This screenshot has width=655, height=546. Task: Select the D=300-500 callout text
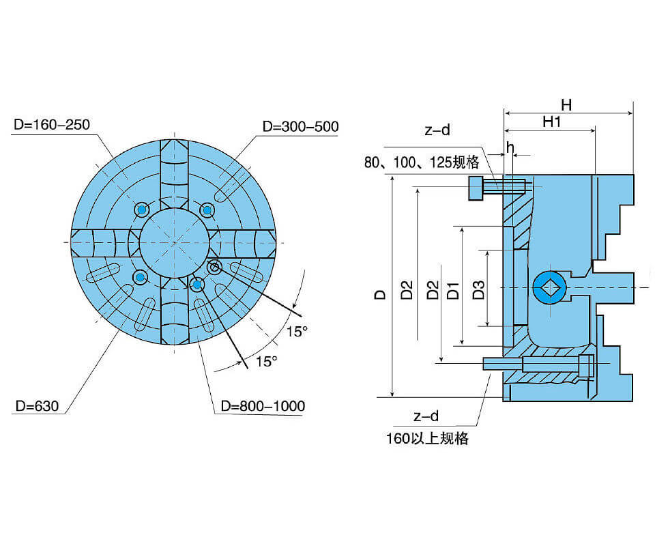(x=300, y=127)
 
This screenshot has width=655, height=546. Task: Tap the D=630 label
(x=38, y=406)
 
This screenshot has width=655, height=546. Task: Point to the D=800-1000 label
(x=263, y=406)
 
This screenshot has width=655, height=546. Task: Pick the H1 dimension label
(x=551, y=122)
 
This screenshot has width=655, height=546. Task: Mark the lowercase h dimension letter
(x=509, y=147)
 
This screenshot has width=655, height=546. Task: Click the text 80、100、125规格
(x=422, y=162)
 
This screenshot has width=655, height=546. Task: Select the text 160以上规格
(x=427, y=438)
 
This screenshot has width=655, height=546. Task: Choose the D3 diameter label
(x=478, y=290)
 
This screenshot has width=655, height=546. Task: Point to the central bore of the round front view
(x=173, y=242)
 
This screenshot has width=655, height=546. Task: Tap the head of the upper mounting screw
(x=475, y=188)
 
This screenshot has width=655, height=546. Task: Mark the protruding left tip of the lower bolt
(x=487, y=364)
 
